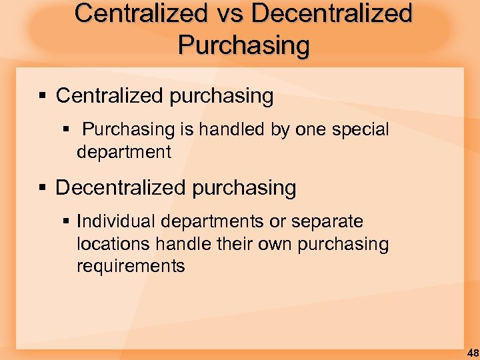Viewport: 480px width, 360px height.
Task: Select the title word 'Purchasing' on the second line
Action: (244, 45)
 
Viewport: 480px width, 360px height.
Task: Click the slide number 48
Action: (472, 352)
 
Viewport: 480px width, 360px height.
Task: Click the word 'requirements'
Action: (131, 266)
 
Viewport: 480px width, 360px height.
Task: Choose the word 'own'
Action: (277, 243)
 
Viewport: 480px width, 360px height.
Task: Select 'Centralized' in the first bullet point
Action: (110, 96)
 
